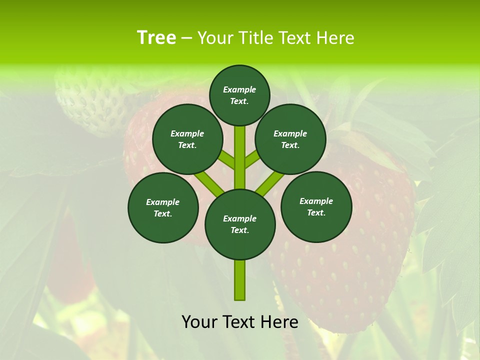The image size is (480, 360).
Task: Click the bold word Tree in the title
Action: point(156,37)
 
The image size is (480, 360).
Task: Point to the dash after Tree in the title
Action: point(186,38)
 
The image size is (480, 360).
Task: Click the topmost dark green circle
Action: point(239,95)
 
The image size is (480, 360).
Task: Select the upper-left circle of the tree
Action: point(187,139)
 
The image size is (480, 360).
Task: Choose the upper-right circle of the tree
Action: point(290,139)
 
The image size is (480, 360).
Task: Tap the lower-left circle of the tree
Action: point(163,207)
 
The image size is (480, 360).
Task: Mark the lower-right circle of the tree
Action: point(316,206)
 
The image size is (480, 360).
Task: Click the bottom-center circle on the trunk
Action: point(240,224)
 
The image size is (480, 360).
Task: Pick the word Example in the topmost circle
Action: point(239,89)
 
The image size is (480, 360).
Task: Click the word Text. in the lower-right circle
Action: point(316,212)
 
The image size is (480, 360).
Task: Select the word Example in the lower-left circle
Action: point(163,202)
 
